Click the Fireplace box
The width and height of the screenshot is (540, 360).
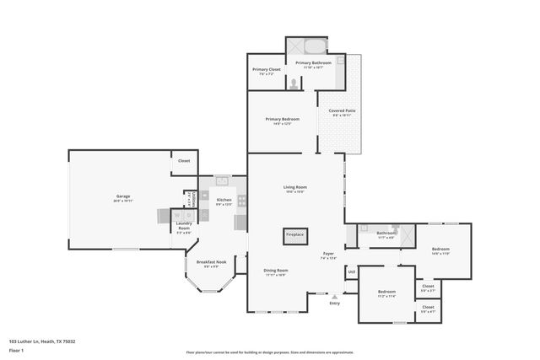click(x=294, y=235)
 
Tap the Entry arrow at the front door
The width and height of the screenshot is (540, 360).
click(x=335, y=297)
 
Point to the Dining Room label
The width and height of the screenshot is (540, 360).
click(x=276, y=271)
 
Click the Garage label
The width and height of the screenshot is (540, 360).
click(x=123, y=198)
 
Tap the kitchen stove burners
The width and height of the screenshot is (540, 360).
click(x=241, y=201)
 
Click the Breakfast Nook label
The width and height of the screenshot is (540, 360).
click(x=211, y=263)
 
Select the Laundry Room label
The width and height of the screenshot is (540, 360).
click(x=183, y=228)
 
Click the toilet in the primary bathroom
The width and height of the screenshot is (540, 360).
click(x=293, y=84)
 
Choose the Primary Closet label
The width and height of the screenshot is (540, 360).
click(x=266, y=73)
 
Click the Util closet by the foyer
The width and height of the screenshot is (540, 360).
click(x=351, y=272)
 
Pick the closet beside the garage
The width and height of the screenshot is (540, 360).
click(x=184, y=161)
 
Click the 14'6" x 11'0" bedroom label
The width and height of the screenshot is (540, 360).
click(x=440, y=250)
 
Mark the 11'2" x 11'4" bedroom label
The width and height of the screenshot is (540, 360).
click(x=386, y=293)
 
